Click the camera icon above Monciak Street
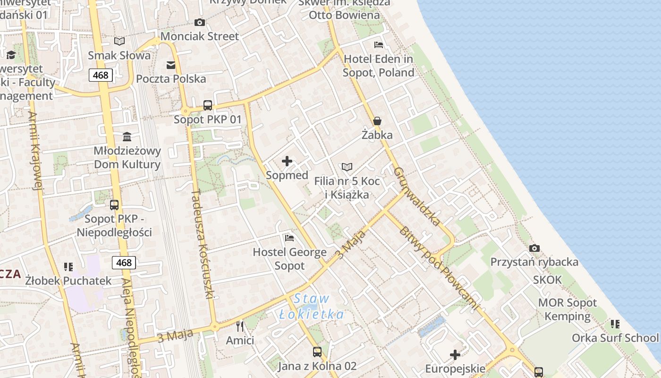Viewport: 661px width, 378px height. (200, 22)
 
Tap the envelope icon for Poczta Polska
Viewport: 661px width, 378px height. (171, 65)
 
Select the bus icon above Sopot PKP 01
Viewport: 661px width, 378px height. (208, 105)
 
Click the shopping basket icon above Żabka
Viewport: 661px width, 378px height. (377, 121)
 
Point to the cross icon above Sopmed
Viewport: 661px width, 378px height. (287, 161)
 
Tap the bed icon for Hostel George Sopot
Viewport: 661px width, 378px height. (289, 238)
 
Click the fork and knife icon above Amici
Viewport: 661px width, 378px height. (240, 326)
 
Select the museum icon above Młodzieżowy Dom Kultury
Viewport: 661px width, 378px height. (127, 137)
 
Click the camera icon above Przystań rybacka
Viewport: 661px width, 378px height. (534, 248)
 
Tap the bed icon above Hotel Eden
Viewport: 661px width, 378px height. (378, 45)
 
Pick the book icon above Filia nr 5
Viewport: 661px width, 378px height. (347, 167)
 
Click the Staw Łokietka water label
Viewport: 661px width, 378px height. (312, 306)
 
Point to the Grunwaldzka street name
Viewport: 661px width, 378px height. (417, 196)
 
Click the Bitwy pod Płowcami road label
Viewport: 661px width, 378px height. (438, 268)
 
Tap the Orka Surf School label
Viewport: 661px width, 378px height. (615, 338)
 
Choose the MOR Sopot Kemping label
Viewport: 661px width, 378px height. (568, 309)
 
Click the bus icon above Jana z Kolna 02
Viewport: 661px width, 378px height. (317, 352)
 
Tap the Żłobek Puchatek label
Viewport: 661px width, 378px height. (68, 281)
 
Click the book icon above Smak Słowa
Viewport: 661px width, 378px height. (119, 42)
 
